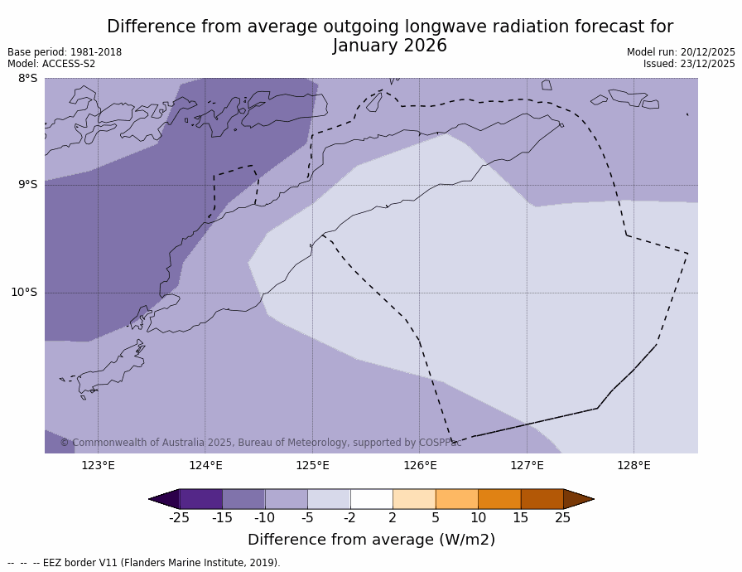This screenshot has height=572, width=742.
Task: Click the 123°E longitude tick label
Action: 98,465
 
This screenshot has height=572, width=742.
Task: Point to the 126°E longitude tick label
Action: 420,465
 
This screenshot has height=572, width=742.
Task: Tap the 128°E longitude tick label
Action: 634,465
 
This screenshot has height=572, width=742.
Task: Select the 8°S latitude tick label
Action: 27,79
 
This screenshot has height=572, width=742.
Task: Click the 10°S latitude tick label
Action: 24,293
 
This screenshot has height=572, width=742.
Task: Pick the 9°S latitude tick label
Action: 27,185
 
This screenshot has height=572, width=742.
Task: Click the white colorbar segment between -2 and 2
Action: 371,499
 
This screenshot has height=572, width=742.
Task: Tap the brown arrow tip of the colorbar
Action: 578,499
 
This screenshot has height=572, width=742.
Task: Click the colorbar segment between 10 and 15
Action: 499,499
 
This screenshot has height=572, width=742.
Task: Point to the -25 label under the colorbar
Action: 179,518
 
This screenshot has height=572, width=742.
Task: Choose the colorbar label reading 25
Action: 563,518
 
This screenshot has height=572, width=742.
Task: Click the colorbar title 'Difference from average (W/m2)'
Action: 371,540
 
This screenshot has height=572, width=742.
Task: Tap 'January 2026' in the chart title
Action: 390,46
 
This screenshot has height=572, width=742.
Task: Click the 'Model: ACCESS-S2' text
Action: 51,64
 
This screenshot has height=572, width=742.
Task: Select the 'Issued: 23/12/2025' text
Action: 689,64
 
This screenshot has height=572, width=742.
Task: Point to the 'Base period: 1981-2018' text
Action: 65,52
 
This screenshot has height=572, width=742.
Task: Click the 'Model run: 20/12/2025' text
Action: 681,52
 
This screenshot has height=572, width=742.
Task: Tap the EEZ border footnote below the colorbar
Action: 144,563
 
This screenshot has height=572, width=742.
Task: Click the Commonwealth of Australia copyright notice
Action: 261,443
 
